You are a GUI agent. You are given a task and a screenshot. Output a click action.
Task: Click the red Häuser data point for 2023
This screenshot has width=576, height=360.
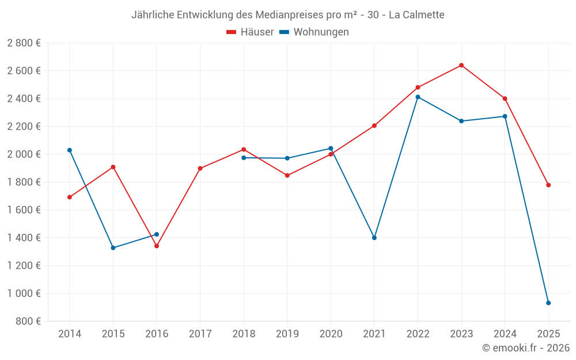(461, 65)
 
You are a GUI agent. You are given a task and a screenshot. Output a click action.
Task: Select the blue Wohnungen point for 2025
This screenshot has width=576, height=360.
(548, 303)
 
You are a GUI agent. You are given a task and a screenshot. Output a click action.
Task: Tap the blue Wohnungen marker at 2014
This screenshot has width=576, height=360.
(70, 150)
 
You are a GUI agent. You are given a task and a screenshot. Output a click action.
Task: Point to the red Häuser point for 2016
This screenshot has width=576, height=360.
(157, 246)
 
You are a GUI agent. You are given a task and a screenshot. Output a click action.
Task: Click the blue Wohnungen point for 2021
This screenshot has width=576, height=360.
(374, 238)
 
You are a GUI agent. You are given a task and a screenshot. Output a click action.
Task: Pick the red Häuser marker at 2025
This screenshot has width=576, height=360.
(548, 185)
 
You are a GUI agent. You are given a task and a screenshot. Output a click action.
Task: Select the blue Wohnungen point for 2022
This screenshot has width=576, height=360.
(418, 97)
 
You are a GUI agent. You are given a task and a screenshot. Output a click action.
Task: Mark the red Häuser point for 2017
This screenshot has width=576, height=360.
(200, 168)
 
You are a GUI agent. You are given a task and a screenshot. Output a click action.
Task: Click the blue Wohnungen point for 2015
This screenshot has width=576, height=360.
(113, 248)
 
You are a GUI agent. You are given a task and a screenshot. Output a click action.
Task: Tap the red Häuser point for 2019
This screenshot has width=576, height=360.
(287, 176)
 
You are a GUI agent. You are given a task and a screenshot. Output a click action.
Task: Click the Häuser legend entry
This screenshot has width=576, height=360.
(250, 32)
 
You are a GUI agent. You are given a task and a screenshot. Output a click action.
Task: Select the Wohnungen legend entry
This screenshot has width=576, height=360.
(314, 32)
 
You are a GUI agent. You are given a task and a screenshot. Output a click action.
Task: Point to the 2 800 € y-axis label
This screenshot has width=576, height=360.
(24, 43)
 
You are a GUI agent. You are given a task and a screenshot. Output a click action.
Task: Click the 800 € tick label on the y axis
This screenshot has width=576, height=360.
(28, 321)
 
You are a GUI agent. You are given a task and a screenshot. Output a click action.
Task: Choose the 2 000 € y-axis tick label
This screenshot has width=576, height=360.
(24, 154)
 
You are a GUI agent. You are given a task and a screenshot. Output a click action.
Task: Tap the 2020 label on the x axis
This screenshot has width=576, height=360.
(331, 334)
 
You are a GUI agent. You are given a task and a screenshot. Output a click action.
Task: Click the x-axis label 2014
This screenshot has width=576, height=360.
(70, 334)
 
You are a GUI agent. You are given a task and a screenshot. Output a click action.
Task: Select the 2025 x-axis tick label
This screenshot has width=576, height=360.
(548, 334)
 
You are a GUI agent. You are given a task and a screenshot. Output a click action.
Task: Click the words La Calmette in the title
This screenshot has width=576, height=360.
(416, 15)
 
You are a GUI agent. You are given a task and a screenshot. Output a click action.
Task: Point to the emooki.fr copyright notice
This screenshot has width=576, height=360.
(526, 348)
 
